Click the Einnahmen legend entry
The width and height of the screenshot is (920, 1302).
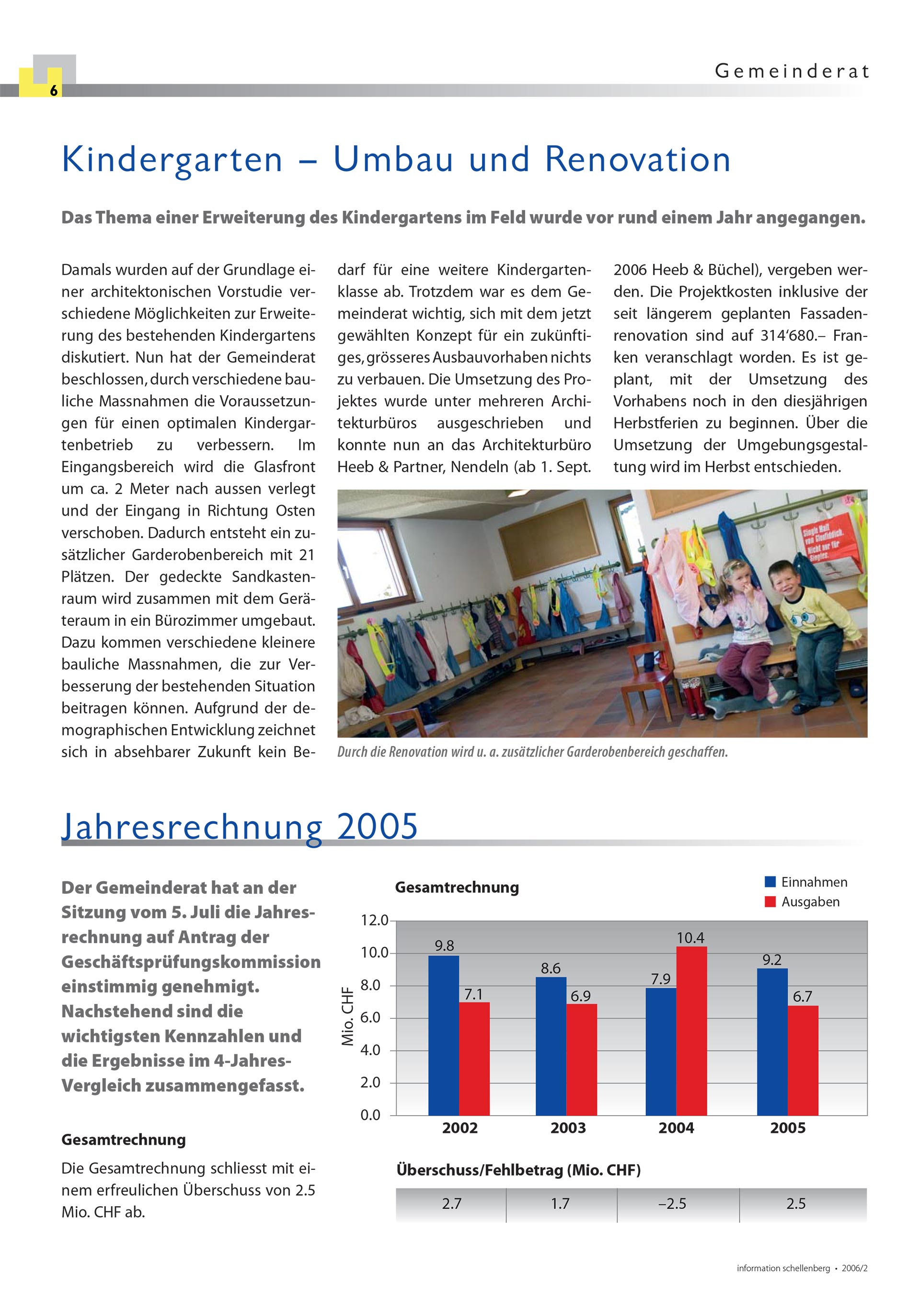tap(806, 882)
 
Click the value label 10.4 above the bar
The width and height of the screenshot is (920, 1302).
tap(690, 938)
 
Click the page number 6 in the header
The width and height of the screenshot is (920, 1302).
tap(53, 91)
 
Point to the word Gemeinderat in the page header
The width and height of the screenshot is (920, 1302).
tap(791, 71)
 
